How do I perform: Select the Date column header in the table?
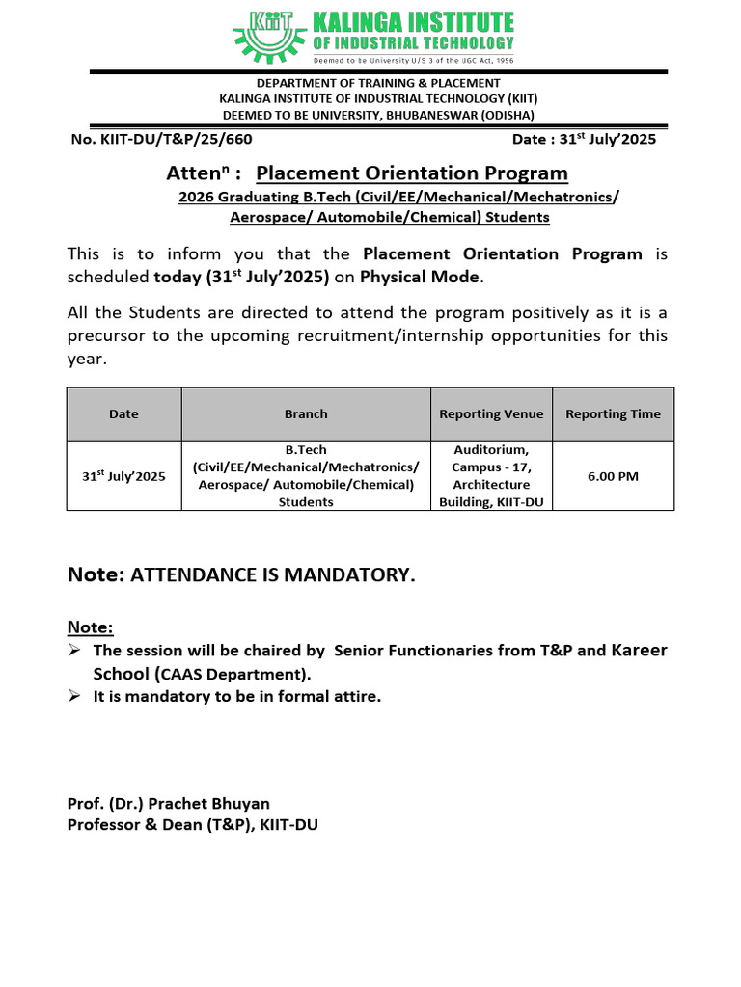(x=123, y=414)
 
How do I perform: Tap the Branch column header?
(x=306, y=414)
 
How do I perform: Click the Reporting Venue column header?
(x=491, y=414)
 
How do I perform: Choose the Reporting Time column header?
(x=613, y=414)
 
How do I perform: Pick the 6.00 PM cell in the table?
(x=613, y=476)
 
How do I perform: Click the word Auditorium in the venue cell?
(x=491, y=450)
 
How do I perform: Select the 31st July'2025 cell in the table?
(x=123, y=476)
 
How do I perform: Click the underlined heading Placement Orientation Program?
(x=412, y=173)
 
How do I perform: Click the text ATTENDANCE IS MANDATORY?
(x=273, y=575)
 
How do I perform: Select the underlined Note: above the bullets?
(x=90, y=627)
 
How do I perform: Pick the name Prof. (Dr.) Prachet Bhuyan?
(x=168, y=803)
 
